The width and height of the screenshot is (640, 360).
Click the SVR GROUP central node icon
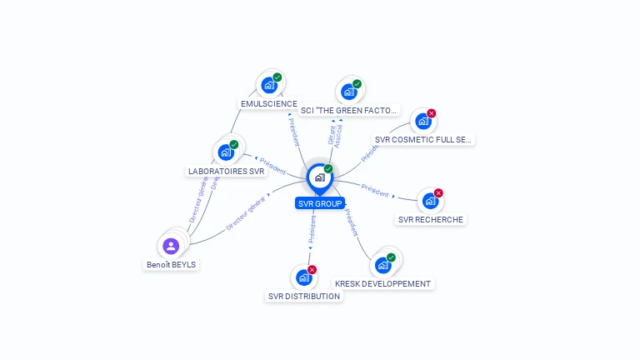click(x=319, y=177)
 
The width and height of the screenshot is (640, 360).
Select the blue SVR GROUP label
click(x=320, y=203)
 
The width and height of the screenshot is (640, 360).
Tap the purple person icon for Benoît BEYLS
click(x=171, y=246)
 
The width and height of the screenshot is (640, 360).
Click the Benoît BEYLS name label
click(x=172, y=265)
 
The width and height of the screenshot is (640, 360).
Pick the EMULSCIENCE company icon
click(x=269, y=85)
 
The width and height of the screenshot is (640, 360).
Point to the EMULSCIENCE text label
click(x=268, y=104)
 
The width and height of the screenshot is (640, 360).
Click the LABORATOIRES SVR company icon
click(x=225, y=152)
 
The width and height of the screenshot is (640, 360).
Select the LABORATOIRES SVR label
click(x=226, y=172)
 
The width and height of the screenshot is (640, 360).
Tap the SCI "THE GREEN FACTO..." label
click(x=349, y=110)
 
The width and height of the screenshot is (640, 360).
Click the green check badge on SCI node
click(x=357, y=83)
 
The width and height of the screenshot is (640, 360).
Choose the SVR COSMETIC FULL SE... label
click(x=423, y=140)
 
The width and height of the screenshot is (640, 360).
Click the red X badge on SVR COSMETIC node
click(x=432, y=113)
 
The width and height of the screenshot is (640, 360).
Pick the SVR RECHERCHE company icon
click(x=429, y=201)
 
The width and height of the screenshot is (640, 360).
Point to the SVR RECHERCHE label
click(x=431, y=220)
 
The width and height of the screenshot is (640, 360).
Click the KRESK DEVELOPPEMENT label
click(x=382, y=283)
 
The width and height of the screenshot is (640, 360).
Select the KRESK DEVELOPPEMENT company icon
click(x=382, y=265)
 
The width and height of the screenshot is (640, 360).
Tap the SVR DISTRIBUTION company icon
click(x=303, y=277)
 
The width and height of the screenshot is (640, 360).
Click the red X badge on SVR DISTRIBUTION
click(x=312, y=269)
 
